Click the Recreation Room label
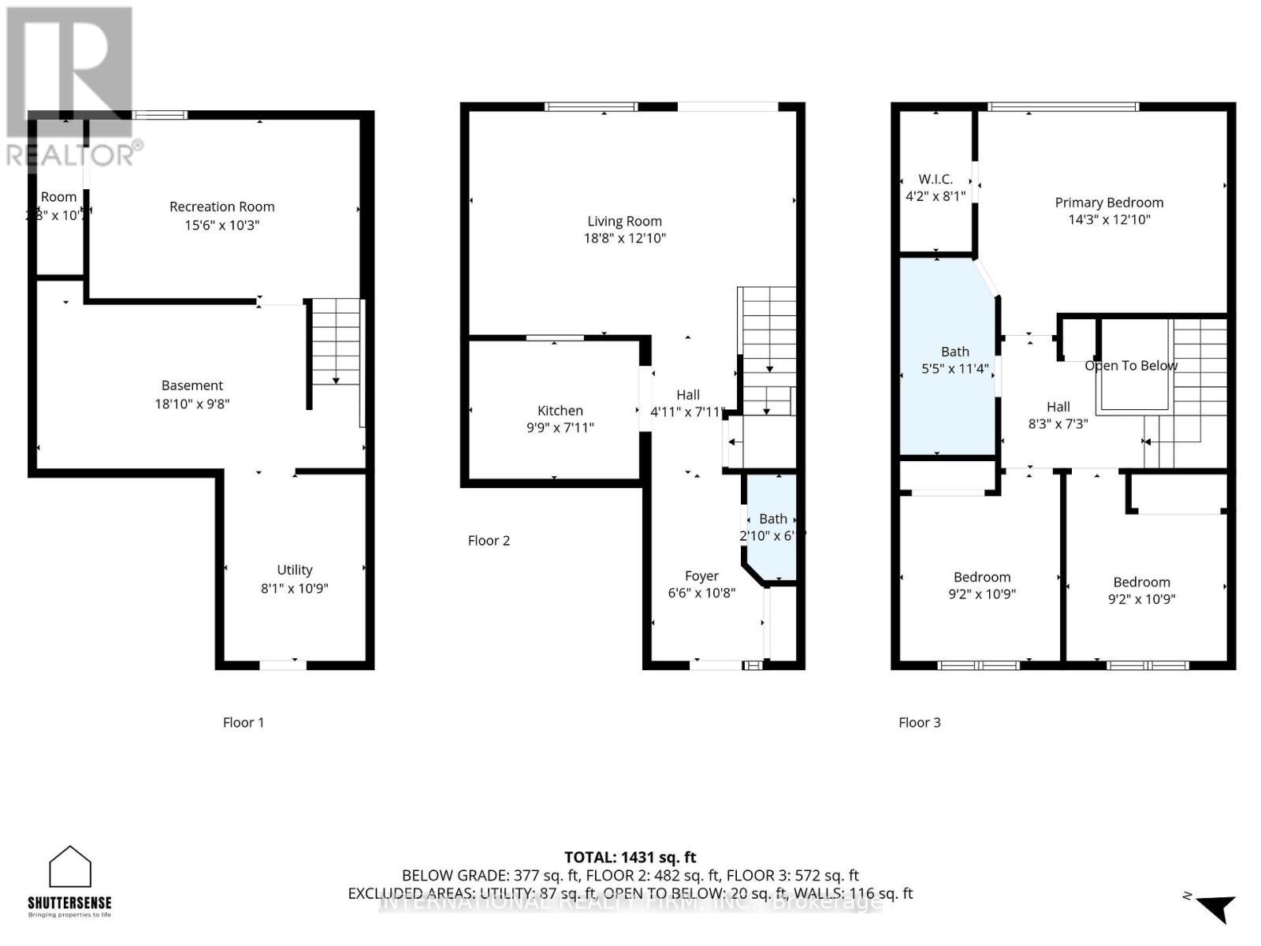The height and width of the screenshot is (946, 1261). [221, 207]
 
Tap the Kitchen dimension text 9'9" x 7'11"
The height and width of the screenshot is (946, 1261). [560, 428]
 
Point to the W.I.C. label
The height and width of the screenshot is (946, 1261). [936, 180]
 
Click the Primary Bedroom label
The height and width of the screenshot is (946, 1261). [1109, 203]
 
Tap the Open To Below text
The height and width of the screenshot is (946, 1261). [1131, 366]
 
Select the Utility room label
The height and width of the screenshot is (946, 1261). [295, 570]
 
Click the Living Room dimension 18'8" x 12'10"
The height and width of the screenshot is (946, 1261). [624, 238]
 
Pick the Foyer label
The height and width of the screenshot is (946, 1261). [701, 576]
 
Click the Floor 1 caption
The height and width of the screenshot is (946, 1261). [244, 722]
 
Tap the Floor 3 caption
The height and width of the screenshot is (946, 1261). [919, 722]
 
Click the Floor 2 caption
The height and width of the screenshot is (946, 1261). [489, 541]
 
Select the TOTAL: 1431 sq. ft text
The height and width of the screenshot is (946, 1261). [630, 857]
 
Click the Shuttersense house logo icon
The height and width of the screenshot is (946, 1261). [70, 867]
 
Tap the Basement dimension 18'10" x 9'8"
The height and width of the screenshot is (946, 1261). [192, 404]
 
